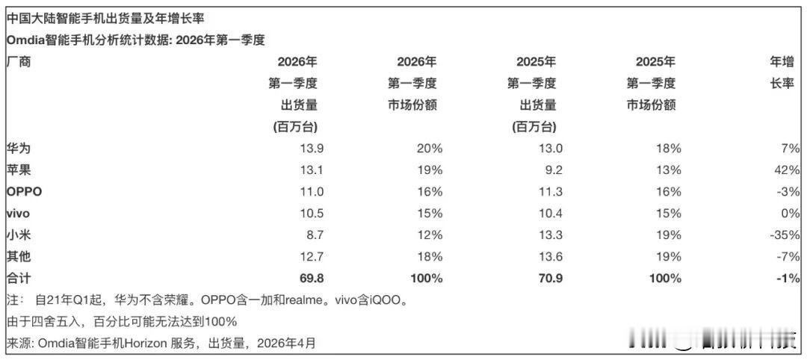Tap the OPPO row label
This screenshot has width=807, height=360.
click(x=24, y=191)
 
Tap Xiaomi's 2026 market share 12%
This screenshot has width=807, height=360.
click(x=430, y=235)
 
